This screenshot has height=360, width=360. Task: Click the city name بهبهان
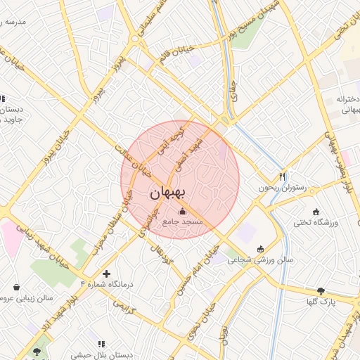tap(169, 193)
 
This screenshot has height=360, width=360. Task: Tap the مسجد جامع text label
tap(183, 221)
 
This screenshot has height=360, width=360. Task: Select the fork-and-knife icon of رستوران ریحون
tap(283, 176)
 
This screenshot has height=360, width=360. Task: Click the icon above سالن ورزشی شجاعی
tap(262, 248)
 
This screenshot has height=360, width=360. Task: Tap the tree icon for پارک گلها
tap(321, 291)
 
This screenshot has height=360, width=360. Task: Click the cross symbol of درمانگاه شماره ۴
tap(106, 273)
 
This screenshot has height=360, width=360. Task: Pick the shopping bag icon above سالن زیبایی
tap(17, 287)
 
